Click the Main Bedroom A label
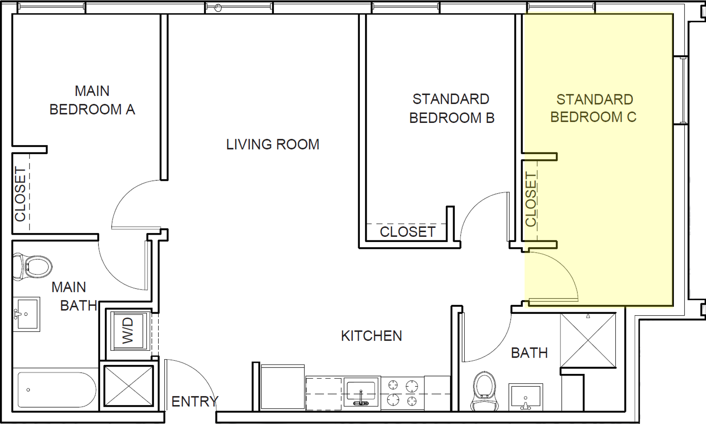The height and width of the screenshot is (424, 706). [92, 100]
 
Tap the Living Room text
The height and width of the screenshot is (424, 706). [273, 144]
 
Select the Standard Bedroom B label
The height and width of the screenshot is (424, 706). [451, 108]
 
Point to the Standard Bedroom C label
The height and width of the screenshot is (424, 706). [593, 108]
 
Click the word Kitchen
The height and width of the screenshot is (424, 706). [371, 336]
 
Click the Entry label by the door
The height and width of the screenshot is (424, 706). [195, 402]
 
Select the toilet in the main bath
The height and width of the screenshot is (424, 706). [32, 267]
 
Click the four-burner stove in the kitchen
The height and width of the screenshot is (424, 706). [402, 393]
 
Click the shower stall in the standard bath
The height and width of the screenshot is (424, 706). [588, 340]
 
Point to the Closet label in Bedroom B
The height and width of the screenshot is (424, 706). [407, 232]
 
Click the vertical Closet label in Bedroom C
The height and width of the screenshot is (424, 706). [531, 200]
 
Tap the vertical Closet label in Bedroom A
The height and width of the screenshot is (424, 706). [21, 194]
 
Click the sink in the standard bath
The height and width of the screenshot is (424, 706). [525, 396]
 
